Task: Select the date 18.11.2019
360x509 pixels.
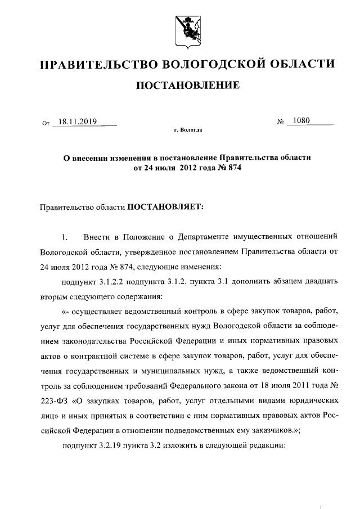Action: (x=79, y=120)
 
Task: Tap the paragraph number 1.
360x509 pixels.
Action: (x=65, y=236)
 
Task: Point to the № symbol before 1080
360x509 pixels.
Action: (x=279, y=121)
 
